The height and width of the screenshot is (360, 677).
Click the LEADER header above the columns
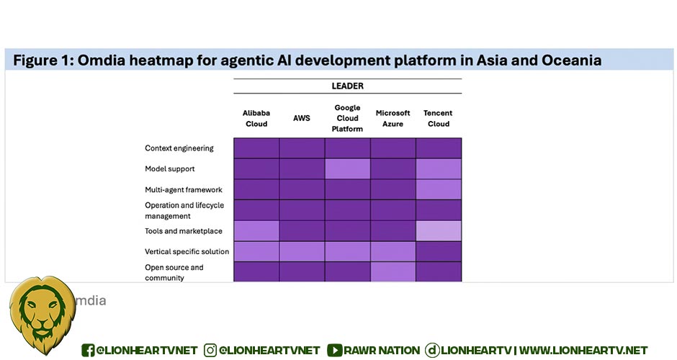348,86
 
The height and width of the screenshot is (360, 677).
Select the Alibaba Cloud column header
256,118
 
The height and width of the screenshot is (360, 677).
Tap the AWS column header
301,118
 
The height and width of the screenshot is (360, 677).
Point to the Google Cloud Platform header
348,118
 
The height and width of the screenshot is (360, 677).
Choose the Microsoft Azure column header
393,118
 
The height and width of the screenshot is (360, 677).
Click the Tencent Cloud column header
438,118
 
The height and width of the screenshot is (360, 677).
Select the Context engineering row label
179,148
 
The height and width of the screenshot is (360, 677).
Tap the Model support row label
170,168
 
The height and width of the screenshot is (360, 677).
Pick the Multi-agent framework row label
184,189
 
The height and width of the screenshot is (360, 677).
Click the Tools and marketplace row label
184,231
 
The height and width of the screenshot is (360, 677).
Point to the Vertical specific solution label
187,251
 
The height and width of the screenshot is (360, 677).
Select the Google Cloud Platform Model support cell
348,168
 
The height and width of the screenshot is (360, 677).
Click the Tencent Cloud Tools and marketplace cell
439,231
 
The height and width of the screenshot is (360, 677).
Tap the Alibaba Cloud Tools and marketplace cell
256,231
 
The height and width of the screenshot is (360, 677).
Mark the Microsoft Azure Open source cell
393,272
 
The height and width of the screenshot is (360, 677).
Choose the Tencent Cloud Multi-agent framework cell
439,189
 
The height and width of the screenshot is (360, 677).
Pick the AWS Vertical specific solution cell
302,251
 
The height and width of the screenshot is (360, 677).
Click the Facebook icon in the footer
88,350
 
